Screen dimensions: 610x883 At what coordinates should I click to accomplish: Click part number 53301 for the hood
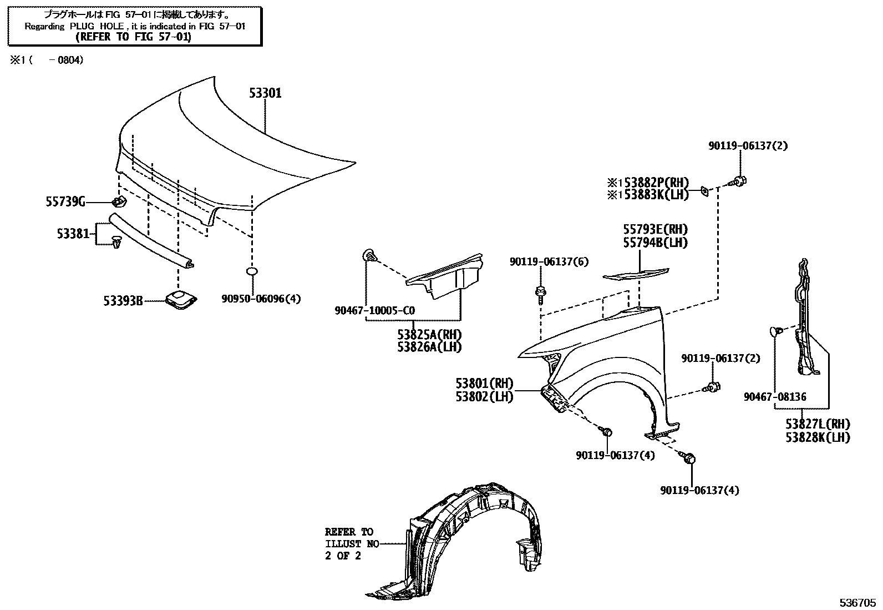tap(265, 93)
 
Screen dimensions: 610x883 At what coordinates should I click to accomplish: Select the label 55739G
tap(65, 203)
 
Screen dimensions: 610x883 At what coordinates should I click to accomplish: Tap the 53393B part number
tap(123, 301)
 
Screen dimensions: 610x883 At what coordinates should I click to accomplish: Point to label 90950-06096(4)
tap(261, 299)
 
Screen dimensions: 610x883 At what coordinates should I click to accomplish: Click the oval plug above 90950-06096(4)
tap(251, 271)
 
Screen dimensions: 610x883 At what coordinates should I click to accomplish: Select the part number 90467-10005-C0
tap(374, 311)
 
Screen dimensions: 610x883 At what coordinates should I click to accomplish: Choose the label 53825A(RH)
tap(429, 335)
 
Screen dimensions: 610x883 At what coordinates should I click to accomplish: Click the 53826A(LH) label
tap(429, 347)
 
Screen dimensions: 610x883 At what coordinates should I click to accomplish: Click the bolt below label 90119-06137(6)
tap(540, 293)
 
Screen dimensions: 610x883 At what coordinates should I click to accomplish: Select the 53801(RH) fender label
tap(484, 384)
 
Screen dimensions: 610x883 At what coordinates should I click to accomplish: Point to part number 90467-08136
tap(775, 397)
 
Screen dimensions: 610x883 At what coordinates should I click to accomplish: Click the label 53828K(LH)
tap(817, 437)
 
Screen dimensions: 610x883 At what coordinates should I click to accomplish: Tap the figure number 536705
tap(856, 602)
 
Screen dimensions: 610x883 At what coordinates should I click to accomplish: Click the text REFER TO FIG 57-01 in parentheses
tap(133, 37)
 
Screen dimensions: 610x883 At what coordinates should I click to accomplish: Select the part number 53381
tap(73, 234)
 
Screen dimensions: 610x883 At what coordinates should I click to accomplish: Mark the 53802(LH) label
tap(484, 396)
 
